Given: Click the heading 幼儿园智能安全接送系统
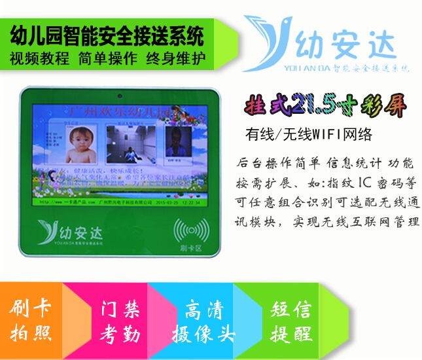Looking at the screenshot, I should coord(109,34).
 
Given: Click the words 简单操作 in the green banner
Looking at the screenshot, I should coord(108,58).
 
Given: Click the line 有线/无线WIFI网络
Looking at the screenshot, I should coord(309,135).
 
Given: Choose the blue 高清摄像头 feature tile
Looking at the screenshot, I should coord(202,321).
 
